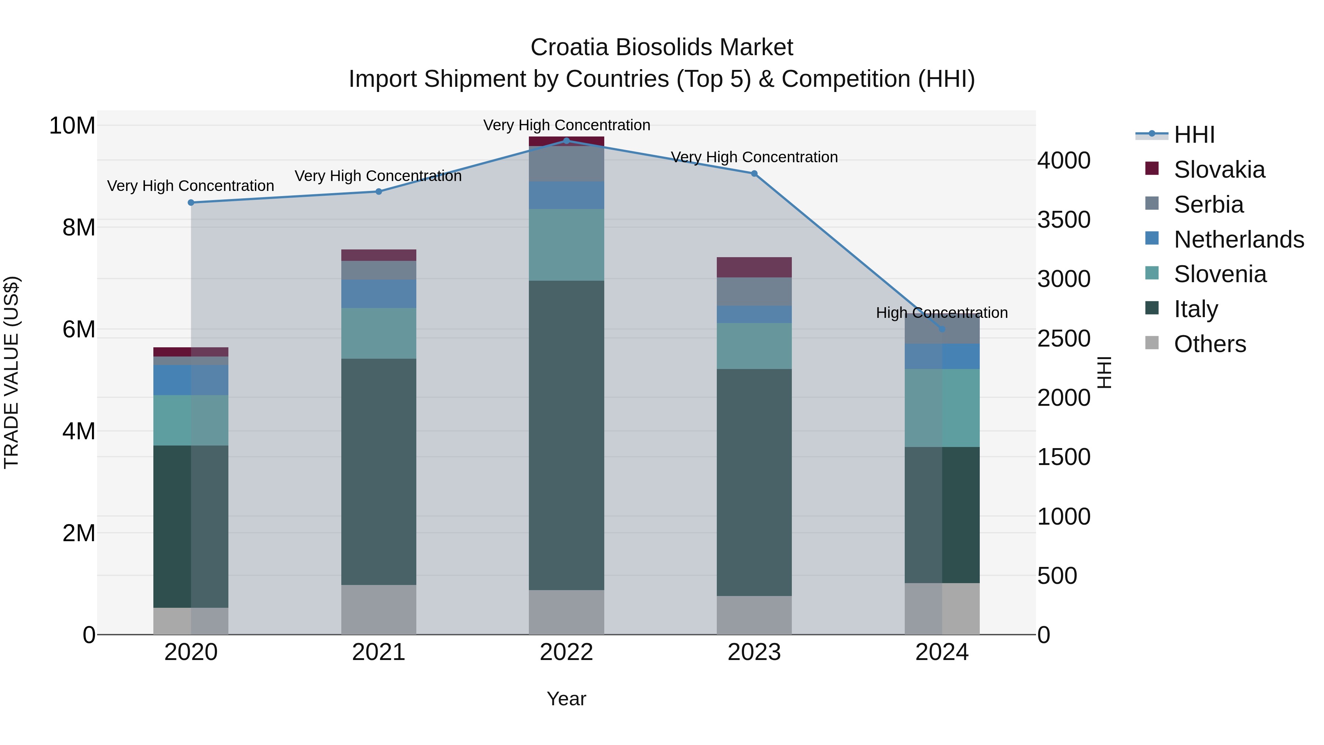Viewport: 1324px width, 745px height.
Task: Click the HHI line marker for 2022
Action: [566, 141]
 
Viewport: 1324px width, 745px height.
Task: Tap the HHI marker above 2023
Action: [754, 174]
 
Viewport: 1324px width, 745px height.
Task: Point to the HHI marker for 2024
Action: [942, 329]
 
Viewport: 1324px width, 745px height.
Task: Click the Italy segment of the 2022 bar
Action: [566, 435]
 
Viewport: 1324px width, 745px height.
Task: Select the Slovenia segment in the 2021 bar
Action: [378, 333]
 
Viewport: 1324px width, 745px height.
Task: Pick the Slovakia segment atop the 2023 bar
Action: [754, 267]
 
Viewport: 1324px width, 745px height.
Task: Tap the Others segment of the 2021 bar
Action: [378, 610]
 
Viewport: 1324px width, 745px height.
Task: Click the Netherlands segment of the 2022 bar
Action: [566, 195]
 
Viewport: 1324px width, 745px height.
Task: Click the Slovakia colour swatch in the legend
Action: [1152, 168]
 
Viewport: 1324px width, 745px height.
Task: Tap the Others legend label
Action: [1210, 344]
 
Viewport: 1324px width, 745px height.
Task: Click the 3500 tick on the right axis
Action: [1063, 220]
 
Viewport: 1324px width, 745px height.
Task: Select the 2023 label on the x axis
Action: [754, 652]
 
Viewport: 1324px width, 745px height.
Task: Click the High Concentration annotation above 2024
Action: [942, 313]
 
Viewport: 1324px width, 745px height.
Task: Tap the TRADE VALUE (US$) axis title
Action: [11, 372]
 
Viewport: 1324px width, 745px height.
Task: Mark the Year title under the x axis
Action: [566, 699]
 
